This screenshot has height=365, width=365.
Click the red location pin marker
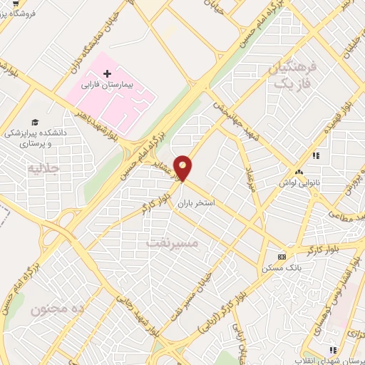click(x=183, y=168)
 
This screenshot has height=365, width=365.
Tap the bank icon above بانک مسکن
click(x=282, y=256)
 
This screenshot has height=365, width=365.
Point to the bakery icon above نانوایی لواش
click(x=299, y=172)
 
